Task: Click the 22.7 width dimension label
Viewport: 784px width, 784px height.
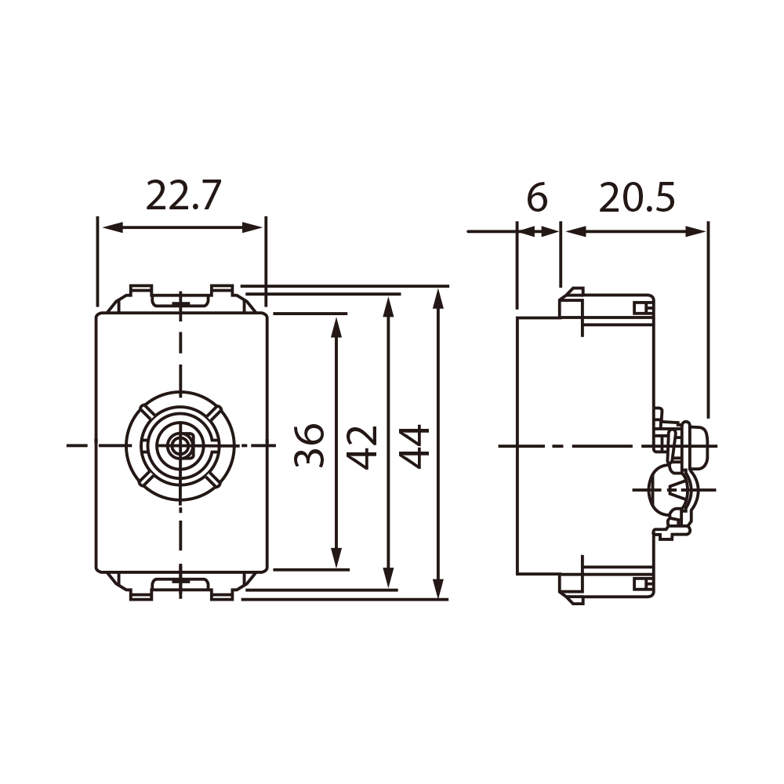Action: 183,195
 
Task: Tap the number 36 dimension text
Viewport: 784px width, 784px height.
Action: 310,445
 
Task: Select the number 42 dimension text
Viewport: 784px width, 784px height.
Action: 362,448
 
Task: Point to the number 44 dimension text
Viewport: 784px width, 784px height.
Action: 415,446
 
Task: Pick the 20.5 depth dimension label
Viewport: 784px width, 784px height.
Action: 637,198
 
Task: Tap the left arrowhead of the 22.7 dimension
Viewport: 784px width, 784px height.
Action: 113,227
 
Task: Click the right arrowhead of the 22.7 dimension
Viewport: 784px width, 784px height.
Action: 252,227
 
